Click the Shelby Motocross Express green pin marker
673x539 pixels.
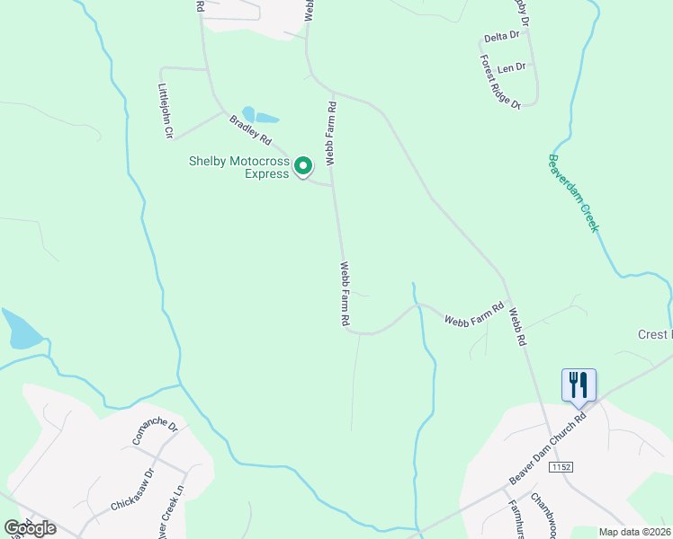[304, 165]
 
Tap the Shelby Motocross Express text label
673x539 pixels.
[239, 167]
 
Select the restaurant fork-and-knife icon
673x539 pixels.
[579, 385]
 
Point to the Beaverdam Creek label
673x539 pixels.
[573, 193]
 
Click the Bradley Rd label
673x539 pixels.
[250, 129]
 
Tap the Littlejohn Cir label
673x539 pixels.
[165, 111]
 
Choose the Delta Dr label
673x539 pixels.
[502, 37]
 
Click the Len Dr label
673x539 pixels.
[511, 67]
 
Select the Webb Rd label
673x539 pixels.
[516, 330]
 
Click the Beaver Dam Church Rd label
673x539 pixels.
[547, 444]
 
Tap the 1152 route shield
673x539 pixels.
[563, 467]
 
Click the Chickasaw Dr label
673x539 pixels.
[134, 488]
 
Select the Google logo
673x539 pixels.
[30, 528]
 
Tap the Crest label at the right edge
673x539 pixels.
[655, 334]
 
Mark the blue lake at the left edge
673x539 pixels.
[20, 330]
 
